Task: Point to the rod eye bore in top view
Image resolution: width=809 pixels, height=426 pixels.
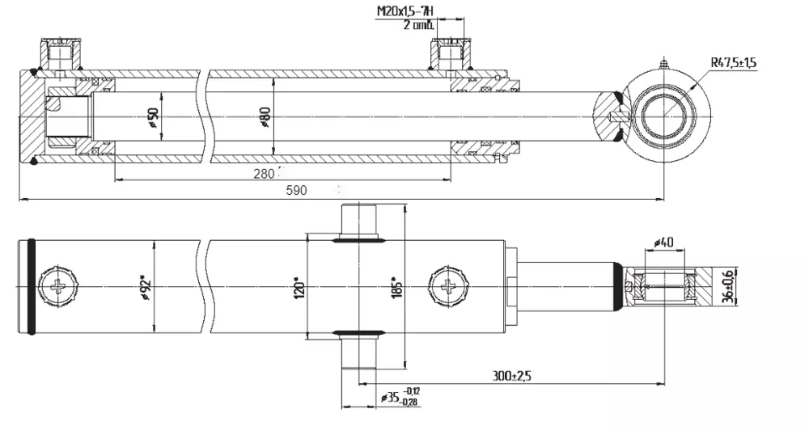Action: coord(663,115)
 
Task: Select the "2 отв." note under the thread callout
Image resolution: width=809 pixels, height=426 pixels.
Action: coord(418,25)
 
